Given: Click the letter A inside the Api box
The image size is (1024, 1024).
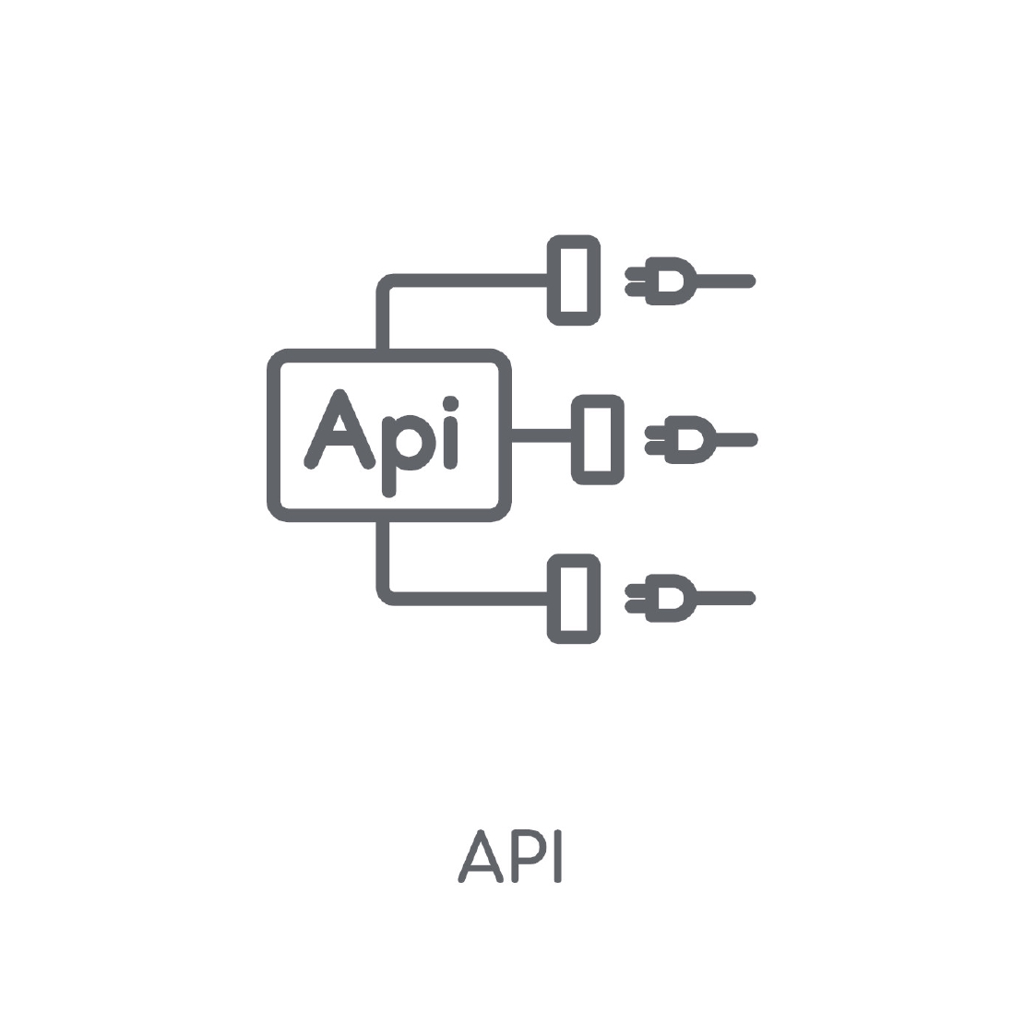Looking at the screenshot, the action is tap(326, 446).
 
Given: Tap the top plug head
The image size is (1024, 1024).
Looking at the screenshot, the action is tap(672, 280).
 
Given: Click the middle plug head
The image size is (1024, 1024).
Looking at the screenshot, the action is tap(691, 439).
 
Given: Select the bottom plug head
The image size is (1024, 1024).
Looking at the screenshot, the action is tap(672, 598).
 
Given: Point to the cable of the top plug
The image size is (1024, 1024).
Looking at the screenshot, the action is tap(726, 280).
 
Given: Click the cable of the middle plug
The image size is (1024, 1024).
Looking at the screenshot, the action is tap(737, 439).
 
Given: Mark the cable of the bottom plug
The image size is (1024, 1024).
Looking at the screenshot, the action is tap(726, 598).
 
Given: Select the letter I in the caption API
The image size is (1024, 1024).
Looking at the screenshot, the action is tap(558, 856).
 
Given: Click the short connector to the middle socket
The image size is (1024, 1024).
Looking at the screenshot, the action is tap(542, 435).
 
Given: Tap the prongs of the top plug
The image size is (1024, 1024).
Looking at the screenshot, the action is tap(636, 280).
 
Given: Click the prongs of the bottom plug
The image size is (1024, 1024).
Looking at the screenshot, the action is tap(636, 598).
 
